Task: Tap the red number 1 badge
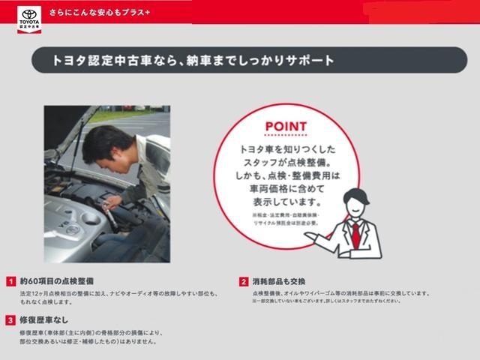(11, 281)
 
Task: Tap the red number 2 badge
(244, 281)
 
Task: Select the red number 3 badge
(11, 319)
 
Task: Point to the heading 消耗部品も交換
(278, 281)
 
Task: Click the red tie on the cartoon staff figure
(355, 234)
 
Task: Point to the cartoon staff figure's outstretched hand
(313, 238)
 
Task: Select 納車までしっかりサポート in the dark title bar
(265, 59)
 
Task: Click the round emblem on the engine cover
(72, 229)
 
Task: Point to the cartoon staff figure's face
(352, 202)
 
